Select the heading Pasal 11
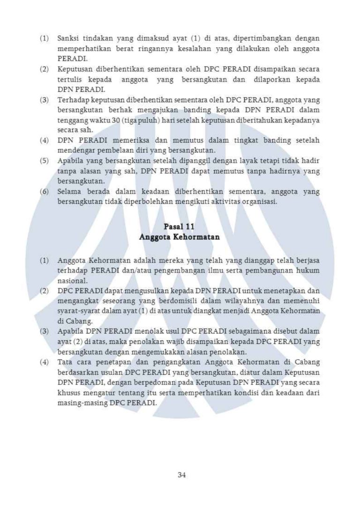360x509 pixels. tap(180, 228)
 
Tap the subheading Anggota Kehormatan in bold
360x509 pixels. tap(180, 237)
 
